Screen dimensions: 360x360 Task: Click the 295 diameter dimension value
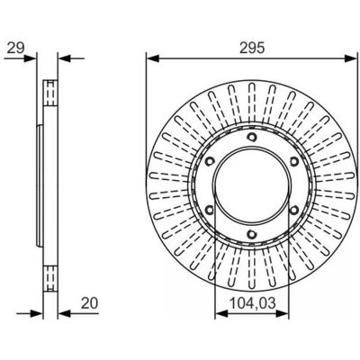point(252,48)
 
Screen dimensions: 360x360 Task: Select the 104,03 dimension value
point(252,303)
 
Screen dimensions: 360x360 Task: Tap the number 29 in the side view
point(15,48)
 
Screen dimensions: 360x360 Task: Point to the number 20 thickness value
point(89,303)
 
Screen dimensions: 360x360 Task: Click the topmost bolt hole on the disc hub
point(252,137)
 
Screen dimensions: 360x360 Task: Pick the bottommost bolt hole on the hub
point(252,234)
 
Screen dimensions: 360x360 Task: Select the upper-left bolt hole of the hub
point(210,161)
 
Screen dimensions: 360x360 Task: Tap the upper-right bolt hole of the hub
point(294,162)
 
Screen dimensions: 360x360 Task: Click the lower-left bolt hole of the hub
point(210,210)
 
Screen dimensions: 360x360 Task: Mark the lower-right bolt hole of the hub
point(294,210)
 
